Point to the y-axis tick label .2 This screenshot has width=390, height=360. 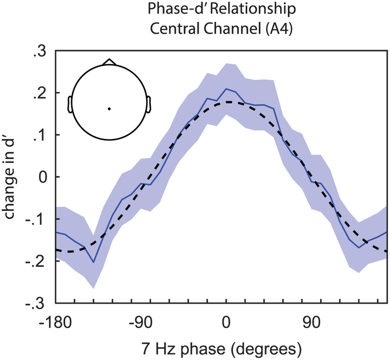(x=41, y=93)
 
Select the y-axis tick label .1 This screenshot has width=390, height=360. (x=41, y=135)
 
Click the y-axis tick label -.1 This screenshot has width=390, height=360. (x=38, y=219)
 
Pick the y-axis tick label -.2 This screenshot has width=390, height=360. (x=38, y=261)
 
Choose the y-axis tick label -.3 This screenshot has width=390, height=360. (x=38, y=303)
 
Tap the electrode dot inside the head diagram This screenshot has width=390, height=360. (x=109, y=108)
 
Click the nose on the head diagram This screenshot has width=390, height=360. (x=109, y=61)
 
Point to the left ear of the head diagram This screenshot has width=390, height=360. (x=70, y=104)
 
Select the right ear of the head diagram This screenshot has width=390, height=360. (x=149, y=104)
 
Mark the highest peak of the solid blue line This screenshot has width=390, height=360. (x=227, y=89)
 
